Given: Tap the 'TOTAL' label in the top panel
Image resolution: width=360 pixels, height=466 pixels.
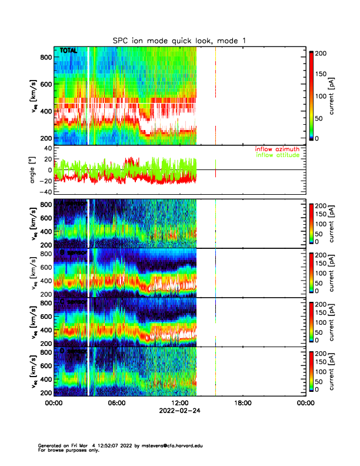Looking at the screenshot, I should (69, 51).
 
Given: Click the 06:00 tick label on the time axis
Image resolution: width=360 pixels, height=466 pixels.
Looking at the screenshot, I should (116, 403).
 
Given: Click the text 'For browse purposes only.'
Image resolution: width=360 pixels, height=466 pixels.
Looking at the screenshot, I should (70, 450).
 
